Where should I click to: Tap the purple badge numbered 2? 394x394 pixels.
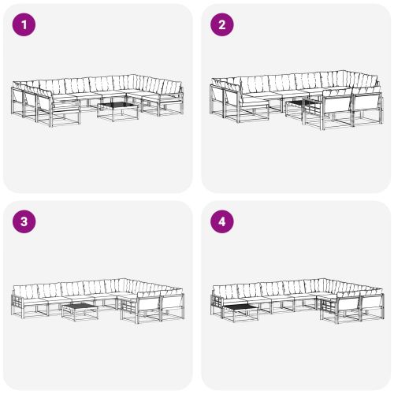click(x=221, y=24)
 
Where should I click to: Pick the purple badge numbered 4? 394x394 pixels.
click(x=221, y=221)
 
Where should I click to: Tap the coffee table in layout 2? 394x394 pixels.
click(x=300, y=106)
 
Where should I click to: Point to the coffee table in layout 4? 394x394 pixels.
click(x=240, y=307)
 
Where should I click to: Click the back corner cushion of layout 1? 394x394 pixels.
click(x=140, y=81)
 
